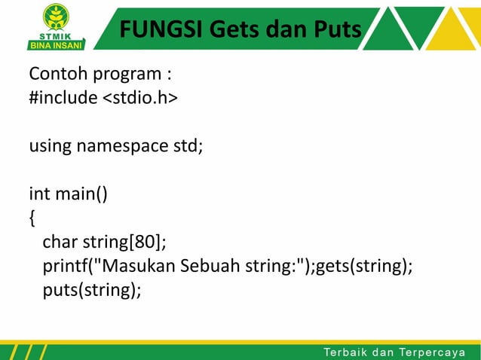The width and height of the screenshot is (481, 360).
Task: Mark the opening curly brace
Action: pos(32,218)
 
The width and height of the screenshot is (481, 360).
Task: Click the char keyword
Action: pos(58,243)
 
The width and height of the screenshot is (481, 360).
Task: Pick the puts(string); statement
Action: pos(92,290)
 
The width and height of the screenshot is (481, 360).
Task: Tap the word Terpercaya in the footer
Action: pos(437,350)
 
